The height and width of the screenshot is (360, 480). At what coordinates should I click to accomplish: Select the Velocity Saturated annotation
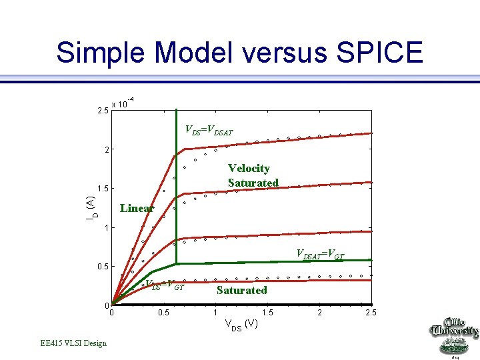[x=253, y=175]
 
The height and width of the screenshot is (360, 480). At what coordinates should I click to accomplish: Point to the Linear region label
[x=137, y=208]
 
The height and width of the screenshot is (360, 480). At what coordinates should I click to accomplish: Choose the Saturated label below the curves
[x=241, y=290]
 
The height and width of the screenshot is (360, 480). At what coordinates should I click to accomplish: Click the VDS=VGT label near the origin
[x=167, y=286]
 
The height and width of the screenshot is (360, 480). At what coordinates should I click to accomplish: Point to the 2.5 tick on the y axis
[x=102, y=109]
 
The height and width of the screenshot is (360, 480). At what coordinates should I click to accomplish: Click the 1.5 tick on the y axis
[x=102, y=188]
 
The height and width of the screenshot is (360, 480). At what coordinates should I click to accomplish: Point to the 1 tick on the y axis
[x=105, y=228]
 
